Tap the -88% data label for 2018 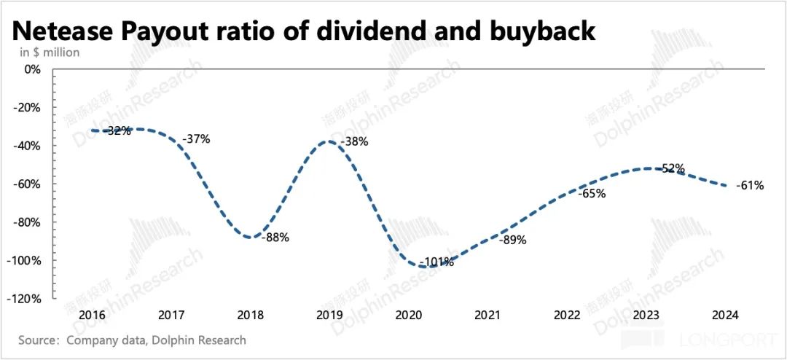[x=276, y=237]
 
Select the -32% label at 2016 [x=117, y=131]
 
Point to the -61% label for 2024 [x=750, y=186]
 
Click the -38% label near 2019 [x=354, y=141]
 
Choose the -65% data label [x=591, y=195]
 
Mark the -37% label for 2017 [x=196, y=138]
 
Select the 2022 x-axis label [x=567, y=316]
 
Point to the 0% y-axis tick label [x=33, y=70]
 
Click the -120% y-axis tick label [x=26, y=299]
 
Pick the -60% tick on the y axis [x=29, y=184]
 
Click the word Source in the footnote [x=38, y=340]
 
